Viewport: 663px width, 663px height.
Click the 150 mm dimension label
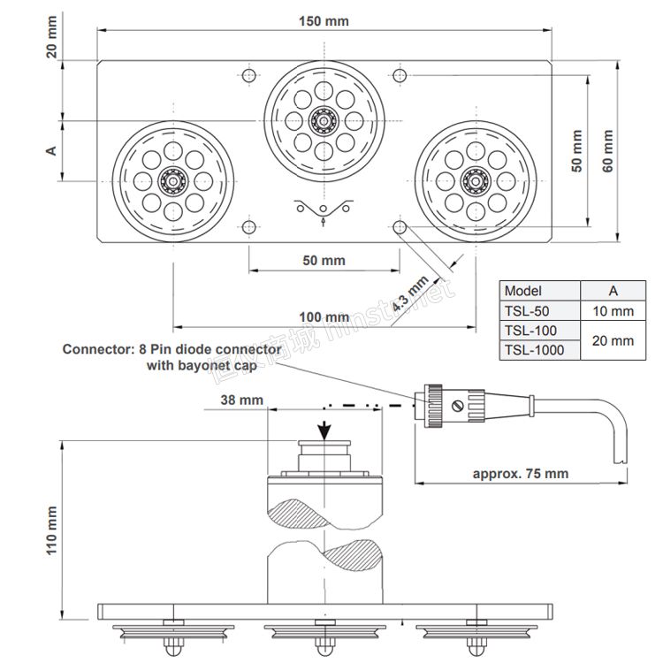(324, 21)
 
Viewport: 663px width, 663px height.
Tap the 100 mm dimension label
(324, 317)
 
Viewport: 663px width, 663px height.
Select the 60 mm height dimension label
(607, 150)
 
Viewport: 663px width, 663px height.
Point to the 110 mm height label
(51, 530)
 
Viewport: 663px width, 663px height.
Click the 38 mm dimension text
(242, 400)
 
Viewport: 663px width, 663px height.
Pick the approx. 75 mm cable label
(521, 474)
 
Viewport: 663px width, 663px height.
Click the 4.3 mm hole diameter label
(409, 293)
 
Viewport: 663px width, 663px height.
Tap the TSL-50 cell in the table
(527, 311)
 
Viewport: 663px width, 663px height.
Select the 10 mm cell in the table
(613, 311)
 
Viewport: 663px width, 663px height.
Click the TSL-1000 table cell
(535, 350)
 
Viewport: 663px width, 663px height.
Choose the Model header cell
(523, 291)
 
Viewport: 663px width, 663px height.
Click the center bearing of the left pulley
(173, 181)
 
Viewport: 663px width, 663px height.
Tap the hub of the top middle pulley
(324, 121)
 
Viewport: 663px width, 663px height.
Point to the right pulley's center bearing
(476, 181)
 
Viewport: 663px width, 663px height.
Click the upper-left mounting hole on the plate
(249, 76)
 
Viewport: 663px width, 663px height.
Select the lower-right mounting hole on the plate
(400, 227)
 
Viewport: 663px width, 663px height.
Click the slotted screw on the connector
(458, 407)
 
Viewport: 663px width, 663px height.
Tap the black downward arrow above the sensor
(324, 431)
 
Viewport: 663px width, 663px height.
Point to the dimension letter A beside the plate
(51, 150)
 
